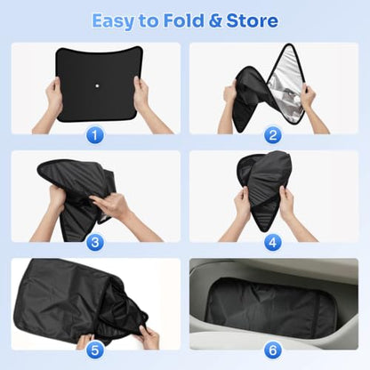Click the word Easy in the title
[113, 21]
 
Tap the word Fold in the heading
[184, 20]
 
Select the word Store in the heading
[252, 20]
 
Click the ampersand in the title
[215, 20]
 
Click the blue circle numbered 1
[95, 136]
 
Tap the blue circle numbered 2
[273, 136]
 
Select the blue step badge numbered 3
[95, 243]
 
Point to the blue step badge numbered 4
[273, 243]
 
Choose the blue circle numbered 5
[95, 350]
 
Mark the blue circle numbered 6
[273, 350]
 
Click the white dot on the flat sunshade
[97, 85]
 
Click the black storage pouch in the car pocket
[270, 309]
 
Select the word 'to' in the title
[149, 21]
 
